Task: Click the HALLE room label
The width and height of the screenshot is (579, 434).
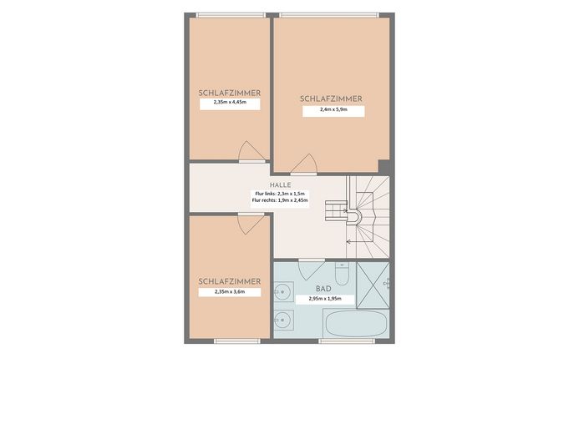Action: (x=280, y=184)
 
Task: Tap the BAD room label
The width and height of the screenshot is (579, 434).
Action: (x=323, y=288)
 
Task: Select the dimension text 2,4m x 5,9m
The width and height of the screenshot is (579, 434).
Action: (x=333, y=109)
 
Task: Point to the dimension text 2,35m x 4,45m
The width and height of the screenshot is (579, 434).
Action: (x=230, y=102)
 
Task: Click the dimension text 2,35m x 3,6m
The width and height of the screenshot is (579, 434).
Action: (x=230, y=291)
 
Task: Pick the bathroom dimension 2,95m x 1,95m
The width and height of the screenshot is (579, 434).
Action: (x=325, y=299)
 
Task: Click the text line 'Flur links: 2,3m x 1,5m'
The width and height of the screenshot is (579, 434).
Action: (x=280, y=194)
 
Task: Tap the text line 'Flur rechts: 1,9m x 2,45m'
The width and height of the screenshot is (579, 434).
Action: (x=280, y=200)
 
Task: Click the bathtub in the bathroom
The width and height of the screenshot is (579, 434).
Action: (x=356, y=323)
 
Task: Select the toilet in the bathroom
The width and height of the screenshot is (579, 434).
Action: (x=342, y=274)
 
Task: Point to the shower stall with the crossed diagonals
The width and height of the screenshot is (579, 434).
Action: (x=373, y=285)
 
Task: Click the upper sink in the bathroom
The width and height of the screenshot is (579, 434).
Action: (x=283, y=291)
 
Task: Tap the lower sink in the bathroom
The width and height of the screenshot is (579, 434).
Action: (x=283, y=320)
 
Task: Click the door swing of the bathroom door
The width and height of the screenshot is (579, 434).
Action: (x=312, y=270)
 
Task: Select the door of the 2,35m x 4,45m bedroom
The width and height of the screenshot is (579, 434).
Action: (x=251, y=152)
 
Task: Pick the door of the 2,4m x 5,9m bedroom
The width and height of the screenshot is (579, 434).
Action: (x=304, y=164)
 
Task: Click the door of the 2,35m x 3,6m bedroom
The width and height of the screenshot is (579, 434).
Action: (x=251, y=224)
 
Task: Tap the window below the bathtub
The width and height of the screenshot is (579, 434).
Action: (x=347, y=341)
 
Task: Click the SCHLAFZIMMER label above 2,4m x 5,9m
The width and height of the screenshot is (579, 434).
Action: (x=331, y=98)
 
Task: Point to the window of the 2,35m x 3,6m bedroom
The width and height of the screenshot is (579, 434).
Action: (x=237, y=341)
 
